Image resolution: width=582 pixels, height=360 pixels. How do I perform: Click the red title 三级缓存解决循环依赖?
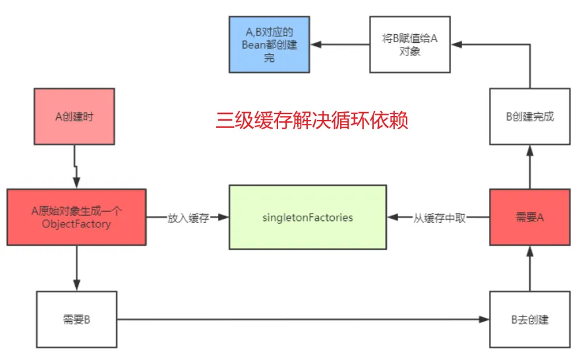point(312,121)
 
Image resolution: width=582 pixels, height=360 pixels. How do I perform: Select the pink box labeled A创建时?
point(74,117)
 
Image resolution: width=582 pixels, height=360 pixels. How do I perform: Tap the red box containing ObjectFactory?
point(76,218)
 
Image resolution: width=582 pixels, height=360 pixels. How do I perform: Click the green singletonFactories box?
point(307,217)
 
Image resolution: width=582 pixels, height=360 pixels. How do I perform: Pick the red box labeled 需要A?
point(529,217)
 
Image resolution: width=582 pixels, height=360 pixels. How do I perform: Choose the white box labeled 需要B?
point(76,320)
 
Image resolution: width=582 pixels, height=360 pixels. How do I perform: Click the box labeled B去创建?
point(529,320)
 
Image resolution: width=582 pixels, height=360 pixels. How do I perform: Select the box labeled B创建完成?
point(529,117)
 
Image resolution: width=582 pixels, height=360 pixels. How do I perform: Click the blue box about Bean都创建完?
point(269,45)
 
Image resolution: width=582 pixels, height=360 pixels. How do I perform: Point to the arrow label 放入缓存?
point(187,218)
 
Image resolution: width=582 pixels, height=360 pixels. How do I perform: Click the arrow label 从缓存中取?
point(439,218)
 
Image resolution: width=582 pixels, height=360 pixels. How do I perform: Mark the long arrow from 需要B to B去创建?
point(303,320)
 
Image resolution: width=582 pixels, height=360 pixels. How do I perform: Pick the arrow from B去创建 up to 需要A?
point(529,268)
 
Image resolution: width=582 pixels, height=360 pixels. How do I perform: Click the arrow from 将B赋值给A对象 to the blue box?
point(341,45)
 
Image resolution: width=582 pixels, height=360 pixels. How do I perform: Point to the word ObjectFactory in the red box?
point(76,224)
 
